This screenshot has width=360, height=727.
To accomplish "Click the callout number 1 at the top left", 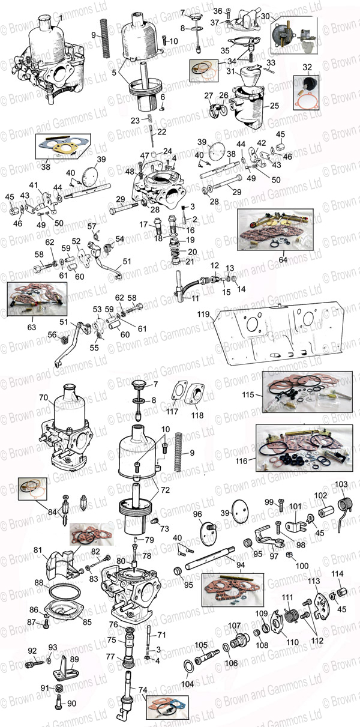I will click(59, 17).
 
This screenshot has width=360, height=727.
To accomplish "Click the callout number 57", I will click(91, 226).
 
